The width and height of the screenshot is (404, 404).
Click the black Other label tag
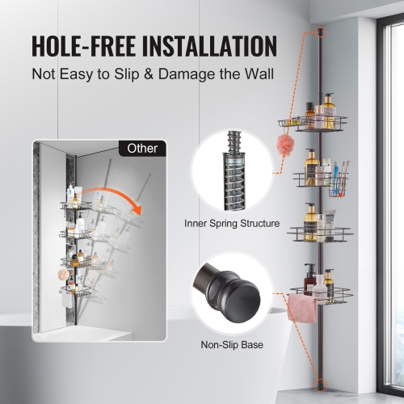pos(143,149)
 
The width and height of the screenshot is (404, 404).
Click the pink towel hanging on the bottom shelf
pos(302,308)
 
